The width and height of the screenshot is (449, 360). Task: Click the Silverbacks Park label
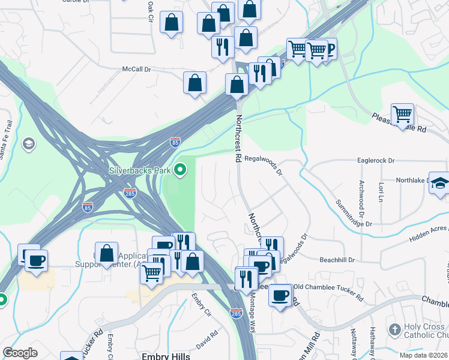click(139, 170)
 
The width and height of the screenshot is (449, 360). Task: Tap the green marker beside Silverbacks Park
click(180, 171)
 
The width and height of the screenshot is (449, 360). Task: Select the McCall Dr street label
click(136, 70)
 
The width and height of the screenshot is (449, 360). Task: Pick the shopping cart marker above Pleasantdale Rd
click(402, 113)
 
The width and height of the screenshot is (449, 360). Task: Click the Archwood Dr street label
click(361, 197)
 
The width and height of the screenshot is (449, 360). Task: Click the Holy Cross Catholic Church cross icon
click(394, 329)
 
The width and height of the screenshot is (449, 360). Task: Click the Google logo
click(20, 353)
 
